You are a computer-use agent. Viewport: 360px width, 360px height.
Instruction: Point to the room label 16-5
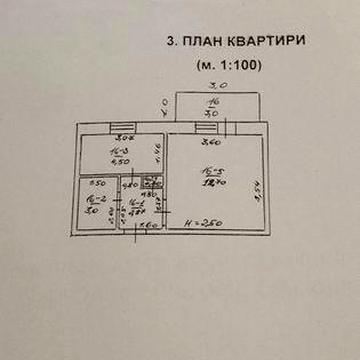click(x=214, y=171)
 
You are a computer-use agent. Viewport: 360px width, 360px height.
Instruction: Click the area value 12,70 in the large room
click(x=214, y=184)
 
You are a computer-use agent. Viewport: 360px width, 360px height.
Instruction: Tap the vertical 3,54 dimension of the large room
click(x=255, y=187)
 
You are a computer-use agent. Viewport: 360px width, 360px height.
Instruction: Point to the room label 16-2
click(x=91, y=200)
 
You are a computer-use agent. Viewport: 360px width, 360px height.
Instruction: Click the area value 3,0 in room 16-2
click(x=91, y=211)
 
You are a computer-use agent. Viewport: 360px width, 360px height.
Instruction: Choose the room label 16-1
click(x=136, y=202)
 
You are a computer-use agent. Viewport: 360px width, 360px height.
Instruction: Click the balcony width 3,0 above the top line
click(x=218, y=86)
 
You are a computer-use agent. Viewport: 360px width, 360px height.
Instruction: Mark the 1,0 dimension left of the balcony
click(x=163, y=102)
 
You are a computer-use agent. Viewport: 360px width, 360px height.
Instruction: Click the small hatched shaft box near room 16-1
click(x=153, y=183)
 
